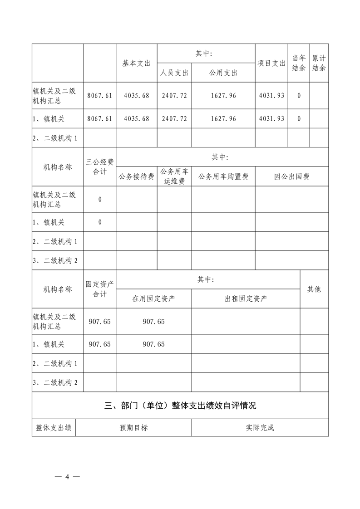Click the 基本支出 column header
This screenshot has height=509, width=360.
[136, 64]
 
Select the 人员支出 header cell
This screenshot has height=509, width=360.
[174, 73]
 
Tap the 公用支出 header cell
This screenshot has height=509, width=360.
[223, 73]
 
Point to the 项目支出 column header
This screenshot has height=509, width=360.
[271, 64]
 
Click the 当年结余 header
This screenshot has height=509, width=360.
[298, 64]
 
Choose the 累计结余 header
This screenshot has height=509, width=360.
[319, 64]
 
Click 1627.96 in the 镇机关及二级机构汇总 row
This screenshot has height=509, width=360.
[223, 96]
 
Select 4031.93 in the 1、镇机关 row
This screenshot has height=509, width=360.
[271, 119]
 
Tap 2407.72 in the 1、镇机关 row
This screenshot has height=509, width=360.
[174, 119]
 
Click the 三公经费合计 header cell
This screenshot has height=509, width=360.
[100, 166]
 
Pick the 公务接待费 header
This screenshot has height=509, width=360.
[136, 177]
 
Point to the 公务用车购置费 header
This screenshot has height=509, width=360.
[223, 177]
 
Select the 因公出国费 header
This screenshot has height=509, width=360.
[291, 177]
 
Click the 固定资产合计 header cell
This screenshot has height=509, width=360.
[100, 289]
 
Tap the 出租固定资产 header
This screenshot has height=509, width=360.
[246, 299]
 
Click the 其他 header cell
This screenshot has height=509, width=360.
[314, 289]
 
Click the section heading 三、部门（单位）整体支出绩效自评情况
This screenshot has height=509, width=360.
[180, 406]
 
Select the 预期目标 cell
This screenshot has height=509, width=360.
[133, 428]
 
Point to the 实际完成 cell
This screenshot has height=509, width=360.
[260, 428]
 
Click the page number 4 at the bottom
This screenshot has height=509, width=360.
[67, 477]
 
